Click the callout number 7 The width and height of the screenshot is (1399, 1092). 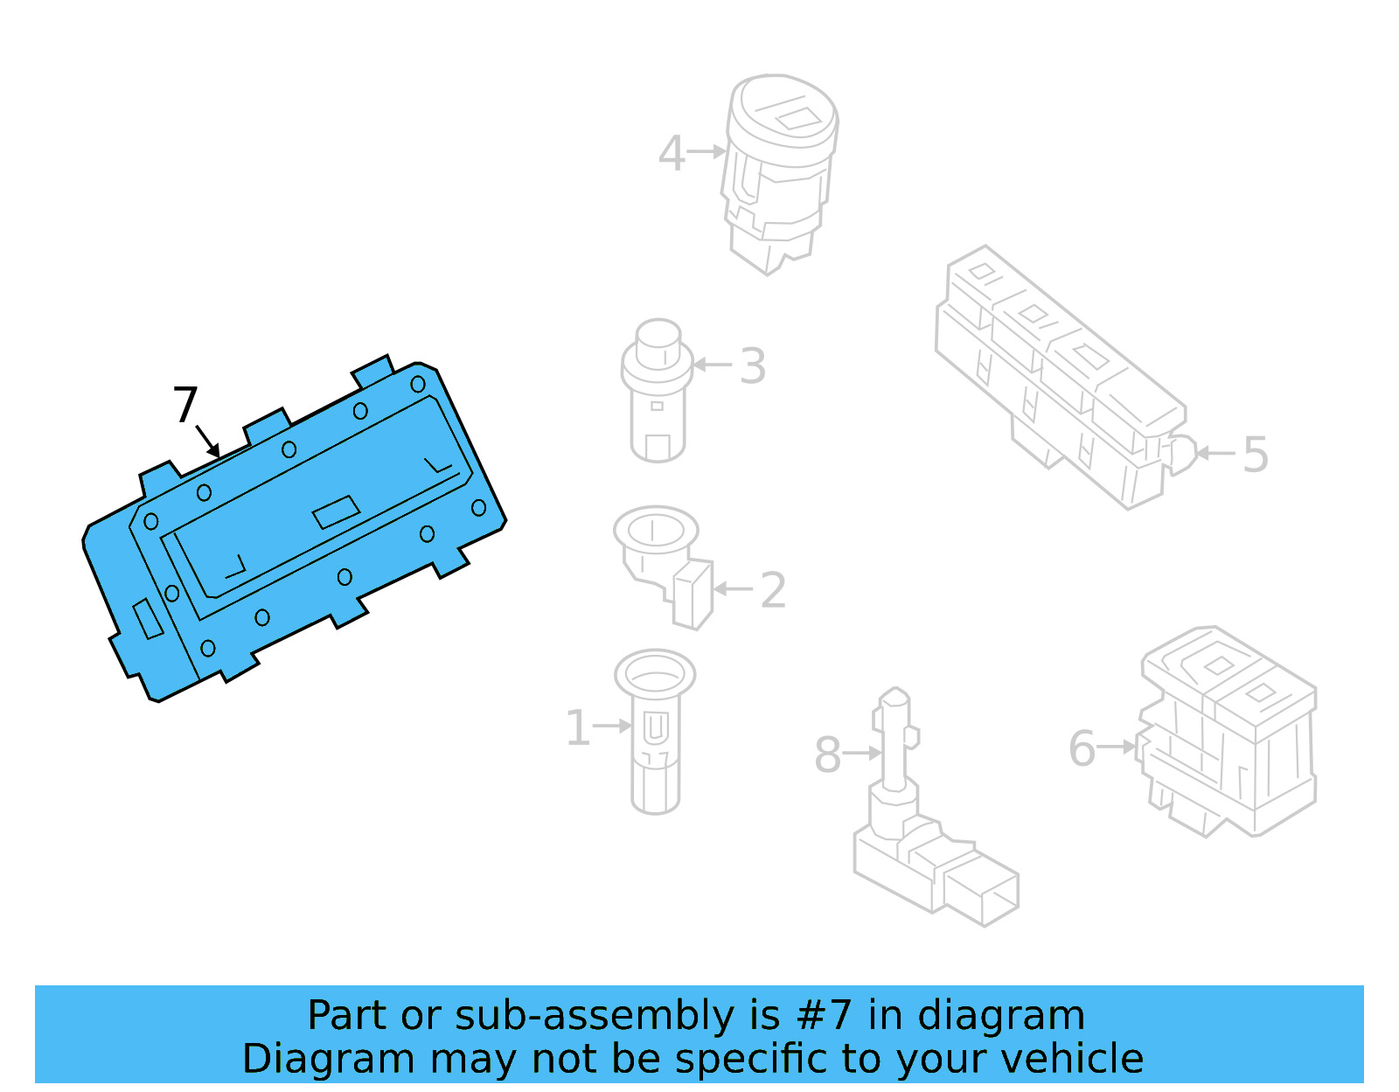185,405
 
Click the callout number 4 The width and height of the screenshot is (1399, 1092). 671,153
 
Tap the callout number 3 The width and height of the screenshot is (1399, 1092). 752,366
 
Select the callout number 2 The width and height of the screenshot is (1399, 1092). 773,590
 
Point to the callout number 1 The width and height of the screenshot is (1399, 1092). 577,727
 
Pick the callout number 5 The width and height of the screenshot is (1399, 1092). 1255,455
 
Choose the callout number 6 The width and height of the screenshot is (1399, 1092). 1082,748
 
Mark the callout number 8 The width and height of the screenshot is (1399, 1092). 827,755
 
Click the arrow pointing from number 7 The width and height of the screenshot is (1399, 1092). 208,442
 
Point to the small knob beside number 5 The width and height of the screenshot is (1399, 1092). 1180,453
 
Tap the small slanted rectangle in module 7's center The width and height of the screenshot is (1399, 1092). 337,511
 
